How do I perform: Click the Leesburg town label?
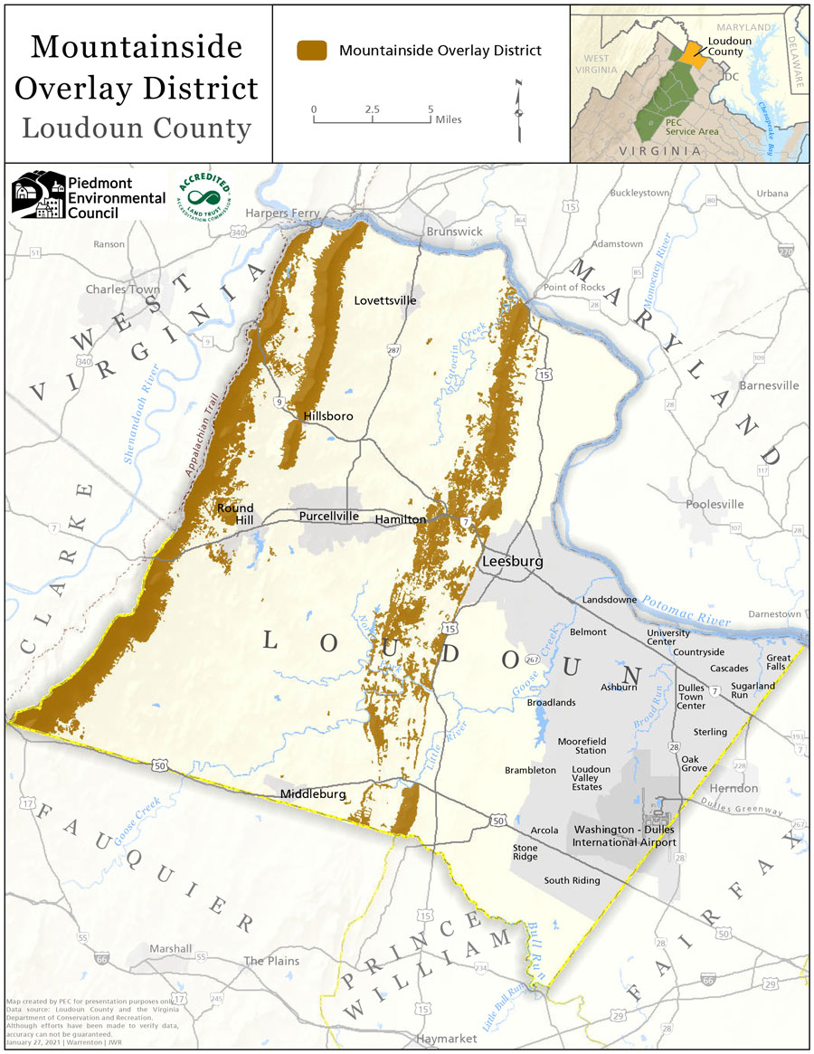(x=512, y=561)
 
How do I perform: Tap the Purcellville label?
(x=329, y=517)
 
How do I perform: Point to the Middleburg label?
(x=313, y=794)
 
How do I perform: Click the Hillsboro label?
(x=327, y=416)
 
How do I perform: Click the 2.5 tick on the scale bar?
(x=372, y=109)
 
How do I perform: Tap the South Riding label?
(x=572, y=880)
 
